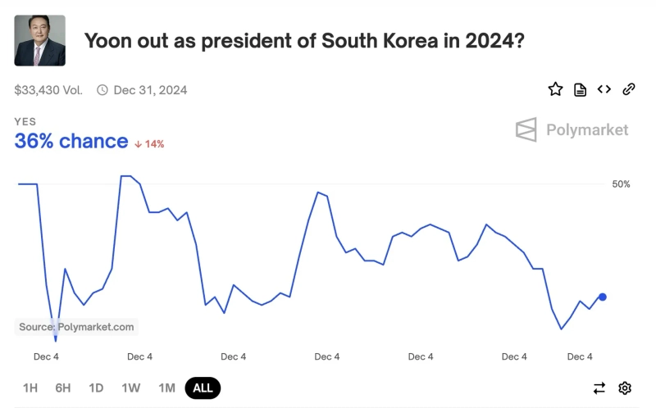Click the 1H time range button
[x=30, y=388]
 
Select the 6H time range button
[x=63, y=388]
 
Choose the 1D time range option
[x=96, y=388]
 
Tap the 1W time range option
[x=131, y=388]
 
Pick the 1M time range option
[x=166, y=388]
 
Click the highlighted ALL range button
[x=203, y=388]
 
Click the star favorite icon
[x=555, y=89]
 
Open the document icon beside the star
[x=580, y=89]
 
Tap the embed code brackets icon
[x=604, y=89]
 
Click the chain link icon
[x=629, y=89]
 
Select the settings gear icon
[x=625, y=388]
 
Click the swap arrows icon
[x=599, y=388]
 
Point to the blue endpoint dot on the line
[x=603, y=297]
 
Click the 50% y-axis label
[x=621, y=184]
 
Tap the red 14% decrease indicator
[x=149, y=144]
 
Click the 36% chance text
[x=71, y=141]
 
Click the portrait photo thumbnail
[x=40, y=40]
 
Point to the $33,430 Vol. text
[x=48, y=90]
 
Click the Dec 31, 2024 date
[x=149, y=90]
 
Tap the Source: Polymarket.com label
[x=76, y=327]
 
